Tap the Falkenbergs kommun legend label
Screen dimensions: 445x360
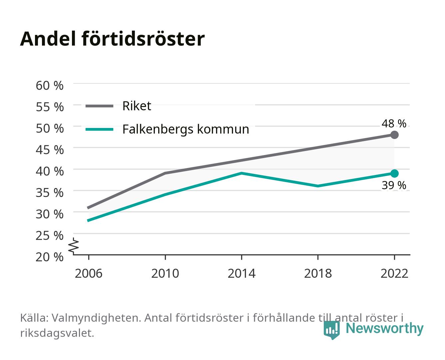(x=186, y=129)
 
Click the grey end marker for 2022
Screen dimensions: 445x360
(x=394, y=135)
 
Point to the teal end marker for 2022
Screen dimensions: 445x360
(x=394, y=173)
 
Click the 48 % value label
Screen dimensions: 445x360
(x=394, y=123)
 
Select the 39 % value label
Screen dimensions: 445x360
(x=394, y=185)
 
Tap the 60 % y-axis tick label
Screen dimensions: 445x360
(x=50, y=86)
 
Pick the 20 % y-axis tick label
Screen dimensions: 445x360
(x=50, y=257)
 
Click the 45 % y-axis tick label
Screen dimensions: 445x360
(x=50, y=150)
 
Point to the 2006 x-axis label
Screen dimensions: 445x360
(x=89, y=273)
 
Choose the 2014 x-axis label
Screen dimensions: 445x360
(x=241, y=273)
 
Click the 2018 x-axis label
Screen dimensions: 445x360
(x=318, y=273)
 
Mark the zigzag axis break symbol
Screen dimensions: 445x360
(x=74, y=246)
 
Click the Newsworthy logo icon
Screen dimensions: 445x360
(x=331, y=330)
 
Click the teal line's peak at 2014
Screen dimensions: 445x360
(x=241, y=173)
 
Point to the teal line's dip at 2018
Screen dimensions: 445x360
(x=318, y=186)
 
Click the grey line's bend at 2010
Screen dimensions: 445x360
(x=165, y=173)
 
